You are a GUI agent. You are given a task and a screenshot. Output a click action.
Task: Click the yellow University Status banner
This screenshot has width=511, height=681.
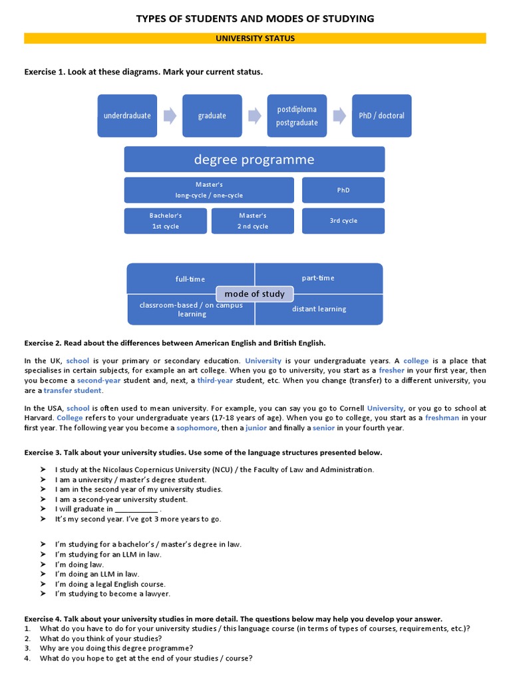[255, 39]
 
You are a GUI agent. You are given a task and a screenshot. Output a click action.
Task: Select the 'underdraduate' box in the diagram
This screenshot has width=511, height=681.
[127, 116]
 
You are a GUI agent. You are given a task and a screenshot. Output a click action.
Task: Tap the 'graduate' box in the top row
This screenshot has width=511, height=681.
[212, 116]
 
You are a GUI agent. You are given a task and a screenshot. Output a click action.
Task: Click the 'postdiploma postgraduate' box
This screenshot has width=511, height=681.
[297, 116]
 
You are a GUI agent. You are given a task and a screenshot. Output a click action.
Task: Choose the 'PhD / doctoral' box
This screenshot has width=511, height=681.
[381, 116]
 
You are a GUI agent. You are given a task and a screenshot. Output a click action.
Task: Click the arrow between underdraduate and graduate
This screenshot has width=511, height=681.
[170, 116]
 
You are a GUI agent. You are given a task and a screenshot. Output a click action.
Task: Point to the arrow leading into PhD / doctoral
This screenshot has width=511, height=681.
[339, 116]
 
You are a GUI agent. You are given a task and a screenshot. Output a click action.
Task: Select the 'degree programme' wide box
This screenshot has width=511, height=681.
[254, 160]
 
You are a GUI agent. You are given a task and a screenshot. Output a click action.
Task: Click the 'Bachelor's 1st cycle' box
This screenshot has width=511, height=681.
[165, 221]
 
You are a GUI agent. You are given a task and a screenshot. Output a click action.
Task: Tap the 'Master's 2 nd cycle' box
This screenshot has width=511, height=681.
[253, 221]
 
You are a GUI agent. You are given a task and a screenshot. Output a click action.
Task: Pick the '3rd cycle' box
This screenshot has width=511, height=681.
[343, 221]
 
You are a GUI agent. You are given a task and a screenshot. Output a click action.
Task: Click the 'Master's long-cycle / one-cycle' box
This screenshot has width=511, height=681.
[209, 190]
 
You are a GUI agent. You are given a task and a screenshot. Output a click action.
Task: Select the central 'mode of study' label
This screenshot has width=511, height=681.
[254, 294]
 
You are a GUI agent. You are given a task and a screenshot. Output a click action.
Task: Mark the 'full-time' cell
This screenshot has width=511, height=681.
[190, 279]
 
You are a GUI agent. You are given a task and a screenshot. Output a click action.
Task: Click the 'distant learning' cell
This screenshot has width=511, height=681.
[319, 309]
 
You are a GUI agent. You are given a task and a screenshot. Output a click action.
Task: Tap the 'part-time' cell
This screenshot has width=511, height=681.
[318, 278]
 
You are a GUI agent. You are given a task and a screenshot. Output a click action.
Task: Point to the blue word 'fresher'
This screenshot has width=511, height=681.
[391, 370]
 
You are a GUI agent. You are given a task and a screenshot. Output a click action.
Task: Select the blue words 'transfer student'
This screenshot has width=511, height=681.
[73, 390]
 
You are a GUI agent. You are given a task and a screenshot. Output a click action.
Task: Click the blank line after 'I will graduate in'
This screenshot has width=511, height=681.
[136, 509]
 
